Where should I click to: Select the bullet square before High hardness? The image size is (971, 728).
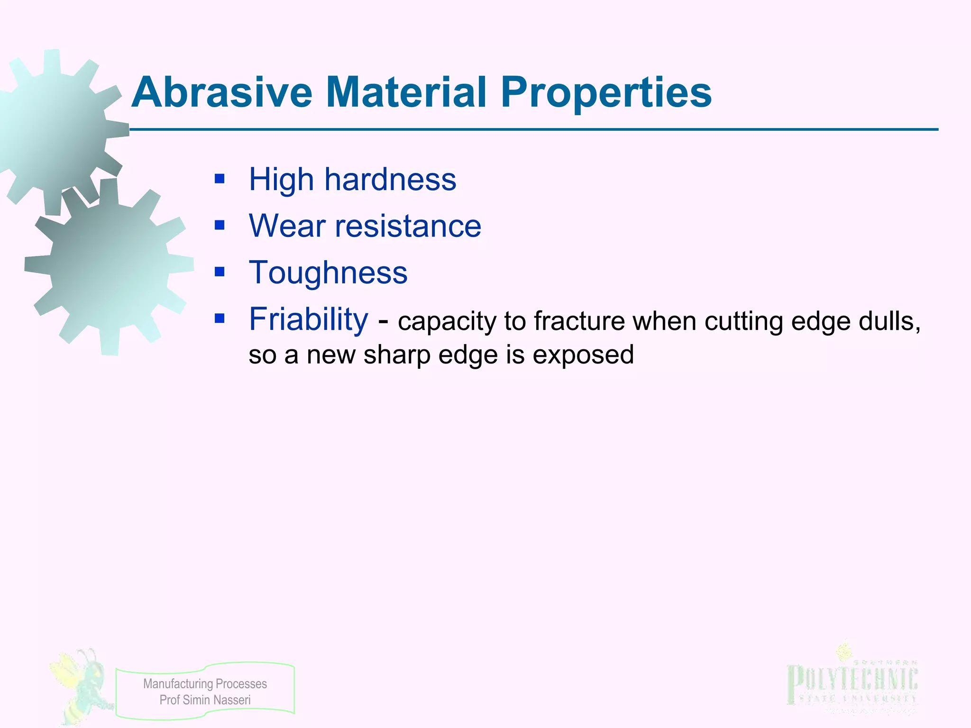(x=219, y=179)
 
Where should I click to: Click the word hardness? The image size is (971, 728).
(x=390, y=180)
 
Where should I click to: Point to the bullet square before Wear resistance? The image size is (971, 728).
(x=219, y=225)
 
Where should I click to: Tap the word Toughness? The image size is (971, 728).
(x=328, y=273)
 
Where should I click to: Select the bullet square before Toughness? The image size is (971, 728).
(x=219, y=272)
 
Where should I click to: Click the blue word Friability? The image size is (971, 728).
(x=308, y=319)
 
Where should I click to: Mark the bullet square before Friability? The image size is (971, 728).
(x=219, y=318)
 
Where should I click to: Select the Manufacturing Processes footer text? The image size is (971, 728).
(x=205, y=683)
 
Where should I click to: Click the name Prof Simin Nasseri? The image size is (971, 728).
(x=205, y=700)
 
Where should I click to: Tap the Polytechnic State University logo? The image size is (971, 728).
(x=852, y=682)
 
